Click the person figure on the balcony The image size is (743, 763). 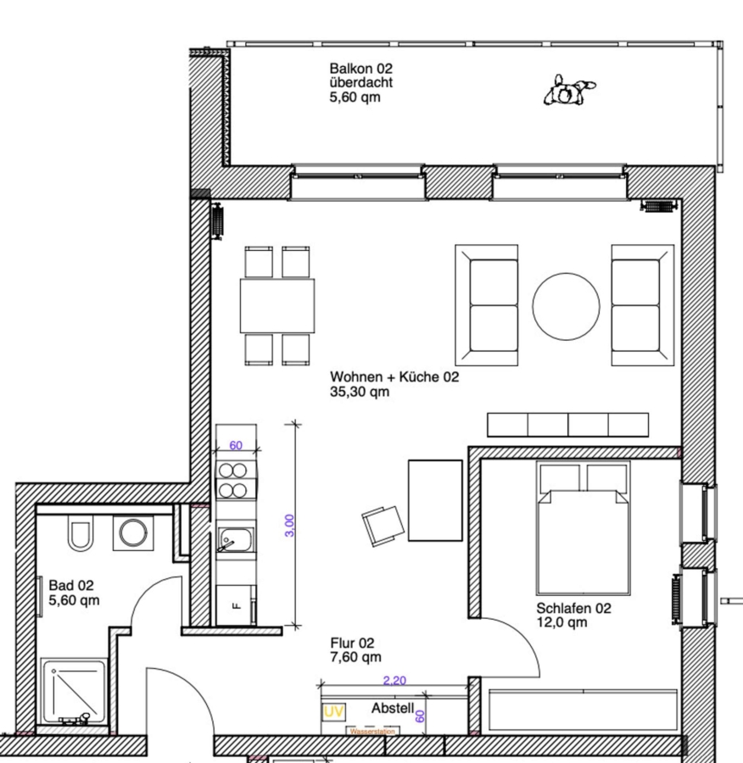click(568, 90)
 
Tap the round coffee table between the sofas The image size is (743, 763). click(566, 306)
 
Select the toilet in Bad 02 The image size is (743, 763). click(80, 535)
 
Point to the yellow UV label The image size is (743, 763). click(333, 712)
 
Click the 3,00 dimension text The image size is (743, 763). click(289, 526)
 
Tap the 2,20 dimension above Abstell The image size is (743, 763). click(394, 680)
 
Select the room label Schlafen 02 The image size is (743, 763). click(573, 608)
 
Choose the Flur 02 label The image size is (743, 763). click(352, 643)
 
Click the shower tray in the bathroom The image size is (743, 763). click(74, 692)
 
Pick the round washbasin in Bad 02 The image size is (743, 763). click(133, 533)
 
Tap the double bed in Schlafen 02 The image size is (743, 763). click(584, 528)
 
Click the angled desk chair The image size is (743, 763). click(383, 526)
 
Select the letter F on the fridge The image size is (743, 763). click(237, 606)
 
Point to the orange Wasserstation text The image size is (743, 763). click(372, 732)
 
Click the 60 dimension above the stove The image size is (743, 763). click(236, 445)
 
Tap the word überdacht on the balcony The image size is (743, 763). click(360, 83)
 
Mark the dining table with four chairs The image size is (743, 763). click(277, 305)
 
